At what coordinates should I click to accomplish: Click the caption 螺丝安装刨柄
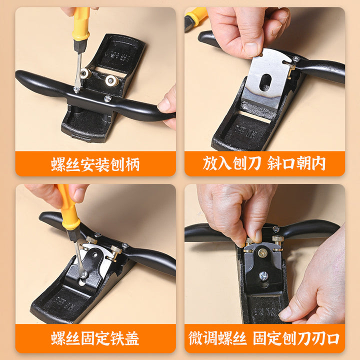(95, 164)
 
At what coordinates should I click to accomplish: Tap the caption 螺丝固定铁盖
(95, 338)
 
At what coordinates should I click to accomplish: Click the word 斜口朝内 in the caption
(296, 163)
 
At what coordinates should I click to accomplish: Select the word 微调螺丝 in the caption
(217, 338)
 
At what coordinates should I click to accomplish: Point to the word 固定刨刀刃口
(296, 338)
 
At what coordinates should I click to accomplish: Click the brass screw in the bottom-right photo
(262, 253)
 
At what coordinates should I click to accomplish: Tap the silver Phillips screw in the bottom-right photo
(263, 275)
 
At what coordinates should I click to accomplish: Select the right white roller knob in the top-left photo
(112, 80)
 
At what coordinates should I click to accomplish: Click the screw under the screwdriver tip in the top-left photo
(76, 89)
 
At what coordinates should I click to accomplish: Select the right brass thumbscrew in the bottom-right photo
(278, 239)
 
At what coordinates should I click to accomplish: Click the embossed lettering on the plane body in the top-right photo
(246, 131)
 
